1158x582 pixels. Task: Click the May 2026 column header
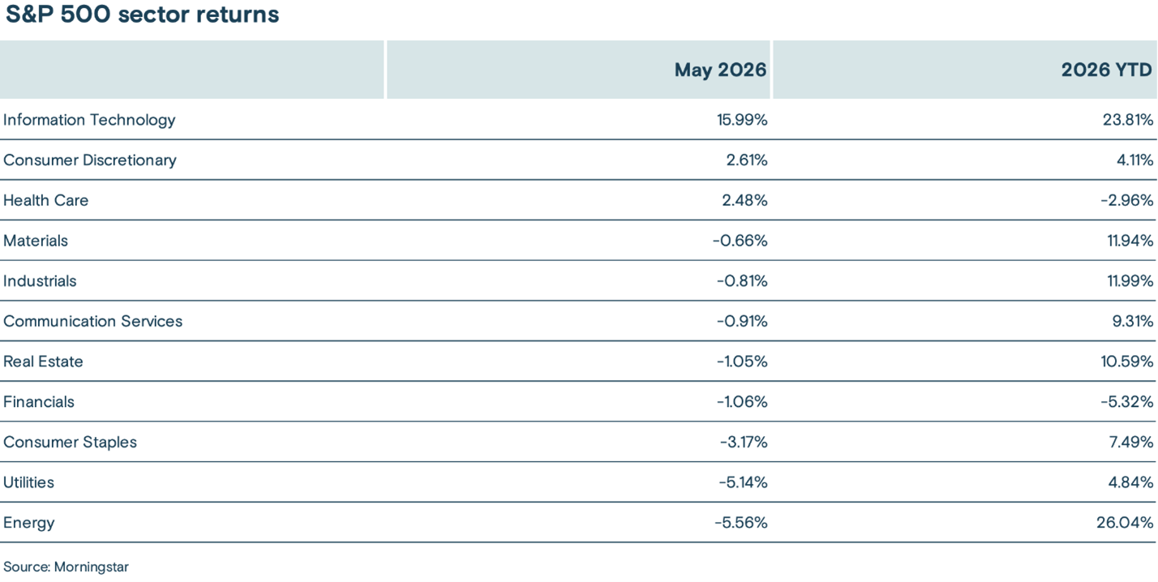click(x=720, y=70)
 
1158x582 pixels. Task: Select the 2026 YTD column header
click(x=1107, y=70)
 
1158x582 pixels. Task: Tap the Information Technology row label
click(x=89, y=120)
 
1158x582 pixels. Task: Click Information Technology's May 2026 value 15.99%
click(x=742, y=120)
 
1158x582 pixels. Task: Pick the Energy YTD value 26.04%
click(x=1125, y=523)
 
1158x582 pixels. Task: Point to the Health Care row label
click(x=45, y=200)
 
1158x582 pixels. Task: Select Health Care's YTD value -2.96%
click(x=1127, y=200)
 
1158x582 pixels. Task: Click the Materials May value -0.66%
click(x=740, y=241)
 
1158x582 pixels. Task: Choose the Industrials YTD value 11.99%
click(x=1130, y=280)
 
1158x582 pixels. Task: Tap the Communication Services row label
click(x=93, y=321)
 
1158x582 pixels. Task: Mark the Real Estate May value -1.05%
click(x=742, y=362)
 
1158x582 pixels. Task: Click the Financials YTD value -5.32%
click(x=1127, y=401)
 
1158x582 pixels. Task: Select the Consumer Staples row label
click(x=70, y=442)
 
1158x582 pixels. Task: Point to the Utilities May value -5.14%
click(x=743, y=482)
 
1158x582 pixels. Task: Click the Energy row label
click(x=28, y=523)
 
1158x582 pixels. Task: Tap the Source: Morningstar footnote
click(x=66, y=567)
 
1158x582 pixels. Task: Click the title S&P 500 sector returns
click(x=142, y=14)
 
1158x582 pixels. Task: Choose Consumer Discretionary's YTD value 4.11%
click(x=1134, y=160)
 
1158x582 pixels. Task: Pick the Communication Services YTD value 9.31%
click(x=1133, y=321)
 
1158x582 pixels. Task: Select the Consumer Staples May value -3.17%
click(x=744, y=442)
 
